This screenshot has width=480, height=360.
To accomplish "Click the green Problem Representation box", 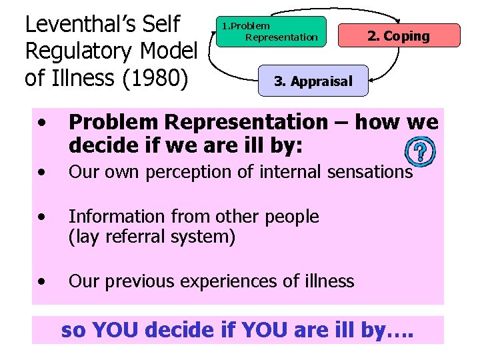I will [271, 31].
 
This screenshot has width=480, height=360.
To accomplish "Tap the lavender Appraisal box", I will [313, 81].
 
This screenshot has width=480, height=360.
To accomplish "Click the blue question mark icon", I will [420, 151].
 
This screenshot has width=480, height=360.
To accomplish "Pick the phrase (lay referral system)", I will [152, 236].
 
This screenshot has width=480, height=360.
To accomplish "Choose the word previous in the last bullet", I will [139, 281].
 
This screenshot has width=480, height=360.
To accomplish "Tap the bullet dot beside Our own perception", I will [43, 172].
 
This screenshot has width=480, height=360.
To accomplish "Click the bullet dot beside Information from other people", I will [43, 217].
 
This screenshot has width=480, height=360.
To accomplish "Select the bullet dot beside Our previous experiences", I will [43, 281].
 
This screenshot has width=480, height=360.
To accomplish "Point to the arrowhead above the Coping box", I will [398, 20].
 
